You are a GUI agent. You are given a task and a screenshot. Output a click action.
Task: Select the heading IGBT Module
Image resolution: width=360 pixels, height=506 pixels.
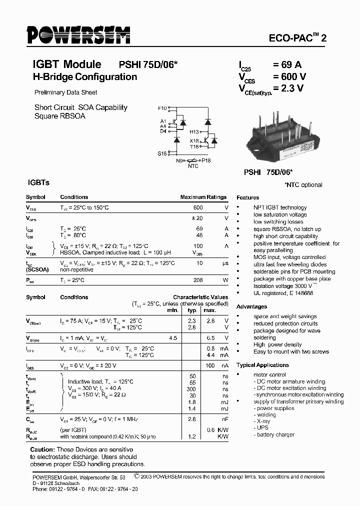click(x=66, y=64)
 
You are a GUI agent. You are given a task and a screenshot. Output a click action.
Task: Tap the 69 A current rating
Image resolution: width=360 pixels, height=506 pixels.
click(x=287, y=64)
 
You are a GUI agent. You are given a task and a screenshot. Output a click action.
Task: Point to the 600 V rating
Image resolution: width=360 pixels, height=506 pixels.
click(x=289, y=76)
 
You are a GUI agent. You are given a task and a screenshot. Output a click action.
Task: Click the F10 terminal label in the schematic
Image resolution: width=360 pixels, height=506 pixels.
click(x=162, y=108)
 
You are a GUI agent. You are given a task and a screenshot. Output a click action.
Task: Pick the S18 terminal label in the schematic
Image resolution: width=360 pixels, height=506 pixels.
click(x=162, y=153)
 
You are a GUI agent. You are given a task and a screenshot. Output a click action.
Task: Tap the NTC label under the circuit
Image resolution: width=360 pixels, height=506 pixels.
click(x=193, y=166)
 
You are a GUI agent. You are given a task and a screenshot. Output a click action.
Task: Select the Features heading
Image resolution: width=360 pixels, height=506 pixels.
click(x=248, y=197)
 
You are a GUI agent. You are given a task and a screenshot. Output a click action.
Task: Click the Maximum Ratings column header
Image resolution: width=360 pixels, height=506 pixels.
click(x=203, y=197)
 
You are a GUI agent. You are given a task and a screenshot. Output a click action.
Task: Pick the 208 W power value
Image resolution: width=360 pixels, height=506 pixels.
click(x=198, y=280)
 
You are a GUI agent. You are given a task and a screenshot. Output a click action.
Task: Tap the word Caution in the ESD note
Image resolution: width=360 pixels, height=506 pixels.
click(x=41, y=449)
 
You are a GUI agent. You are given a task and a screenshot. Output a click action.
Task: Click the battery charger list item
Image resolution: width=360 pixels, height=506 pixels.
click(x=275, y=434)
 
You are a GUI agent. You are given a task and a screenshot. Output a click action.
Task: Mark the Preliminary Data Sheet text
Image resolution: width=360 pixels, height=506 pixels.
click(x=65, y=92)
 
